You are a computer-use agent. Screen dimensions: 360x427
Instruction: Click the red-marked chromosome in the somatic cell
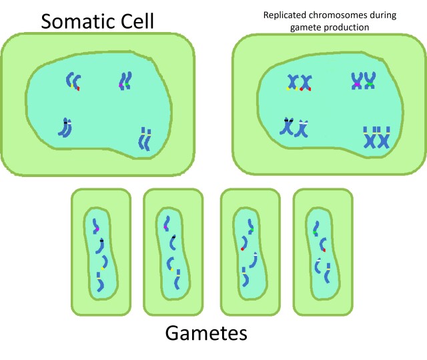[76, 82]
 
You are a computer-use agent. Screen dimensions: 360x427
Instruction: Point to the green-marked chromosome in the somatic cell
[127, 81]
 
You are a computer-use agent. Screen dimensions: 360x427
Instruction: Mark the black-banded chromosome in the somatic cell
[65, 127]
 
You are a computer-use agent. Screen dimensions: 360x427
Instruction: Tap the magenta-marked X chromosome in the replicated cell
[357, 81]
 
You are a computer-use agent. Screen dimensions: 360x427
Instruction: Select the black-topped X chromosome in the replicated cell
[289, 126]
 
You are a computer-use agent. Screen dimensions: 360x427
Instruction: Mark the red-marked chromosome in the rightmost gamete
[322, 244]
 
